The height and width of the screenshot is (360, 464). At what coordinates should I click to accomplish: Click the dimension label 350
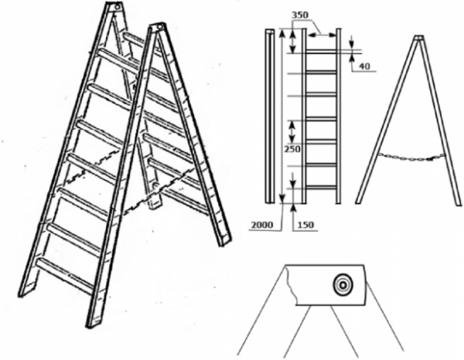[x=300, y=15]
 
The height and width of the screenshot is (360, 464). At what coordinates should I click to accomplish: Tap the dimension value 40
[x=364, y=66]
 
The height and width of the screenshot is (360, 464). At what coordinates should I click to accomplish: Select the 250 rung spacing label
[x=292, y=149]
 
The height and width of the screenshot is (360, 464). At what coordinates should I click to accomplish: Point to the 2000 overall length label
[x=262, y=226]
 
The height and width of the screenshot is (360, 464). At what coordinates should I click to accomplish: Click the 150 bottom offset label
[x=305, y=226]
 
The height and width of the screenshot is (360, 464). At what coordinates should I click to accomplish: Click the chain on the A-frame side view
[x=411, y=158]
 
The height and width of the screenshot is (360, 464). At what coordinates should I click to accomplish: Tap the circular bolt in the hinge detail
[x=343, y=285]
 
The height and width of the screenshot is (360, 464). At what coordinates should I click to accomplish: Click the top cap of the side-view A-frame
[x=418, y=38]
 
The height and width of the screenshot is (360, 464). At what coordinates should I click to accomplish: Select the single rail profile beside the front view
[x=270, y=116]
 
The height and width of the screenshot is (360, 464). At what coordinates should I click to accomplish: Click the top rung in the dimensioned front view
[x=321, y=52]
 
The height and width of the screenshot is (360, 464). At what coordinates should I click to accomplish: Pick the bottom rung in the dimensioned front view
[x=321, y=188]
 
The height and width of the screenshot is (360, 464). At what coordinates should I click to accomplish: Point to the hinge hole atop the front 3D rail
[x=160, y=27]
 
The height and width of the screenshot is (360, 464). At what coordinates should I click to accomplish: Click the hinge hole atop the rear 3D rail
[x=118, y=6]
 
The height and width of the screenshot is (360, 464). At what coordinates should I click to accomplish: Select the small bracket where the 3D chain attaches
[x=155, y=195]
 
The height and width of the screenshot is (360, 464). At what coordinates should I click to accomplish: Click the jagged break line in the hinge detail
[x=292, y=285]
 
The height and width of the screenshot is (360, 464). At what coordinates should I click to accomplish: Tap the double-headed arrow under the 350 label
[x=322, y=35]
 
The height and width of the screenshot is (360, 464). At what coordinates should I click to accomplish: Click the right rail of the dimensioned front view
[x=339, y=116]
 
